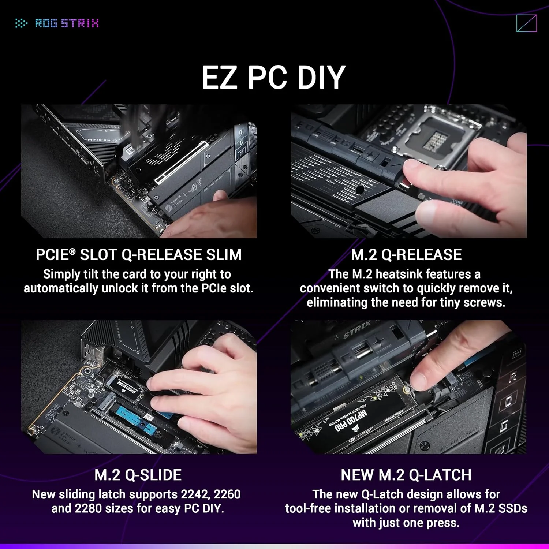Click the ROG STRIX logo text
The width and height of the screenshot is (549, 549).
tap(67, 23)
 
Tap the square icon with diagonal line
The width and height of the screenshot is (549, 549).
tap(526, 23)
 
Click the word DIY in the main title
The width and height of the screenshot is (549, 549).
tap(321, 78)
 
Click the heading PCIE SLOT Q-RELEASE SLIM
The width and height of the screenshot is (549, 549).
tap(138, 255)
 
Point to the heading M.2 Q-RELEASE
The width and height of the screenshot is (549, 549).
tap(406, 255)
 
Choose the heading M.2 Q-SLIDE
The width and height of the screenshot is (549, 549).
tap(138, 475)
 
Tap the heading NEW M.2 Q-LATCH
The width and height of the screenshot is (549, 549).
tap(406, 475)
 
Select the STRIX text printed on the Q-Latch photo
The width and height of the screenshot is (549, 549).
tap(357, 330)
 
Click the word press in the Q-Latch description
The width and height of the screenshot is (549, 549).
tap(444, 523)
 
